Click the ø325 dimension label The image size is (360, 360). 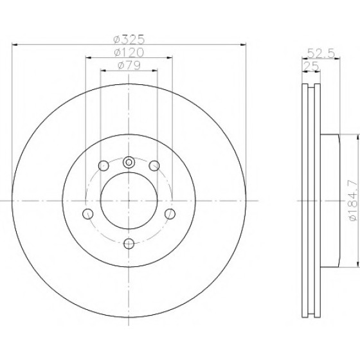[129, 39]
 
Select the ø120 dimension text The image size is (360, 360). [129, 53]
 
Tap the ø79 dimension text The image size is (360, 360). [129, 66]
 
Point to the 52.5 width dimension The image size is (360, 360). [321, 53]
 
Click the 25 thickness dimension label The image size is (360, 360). [311, 66]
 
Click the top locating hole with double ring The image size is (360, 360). [129, 163]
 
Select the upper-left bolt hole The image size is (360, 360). [104, 166]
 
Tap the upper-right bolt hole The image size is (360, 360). [154, 166]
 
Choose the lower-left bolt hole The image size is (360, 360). [87, 214]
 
